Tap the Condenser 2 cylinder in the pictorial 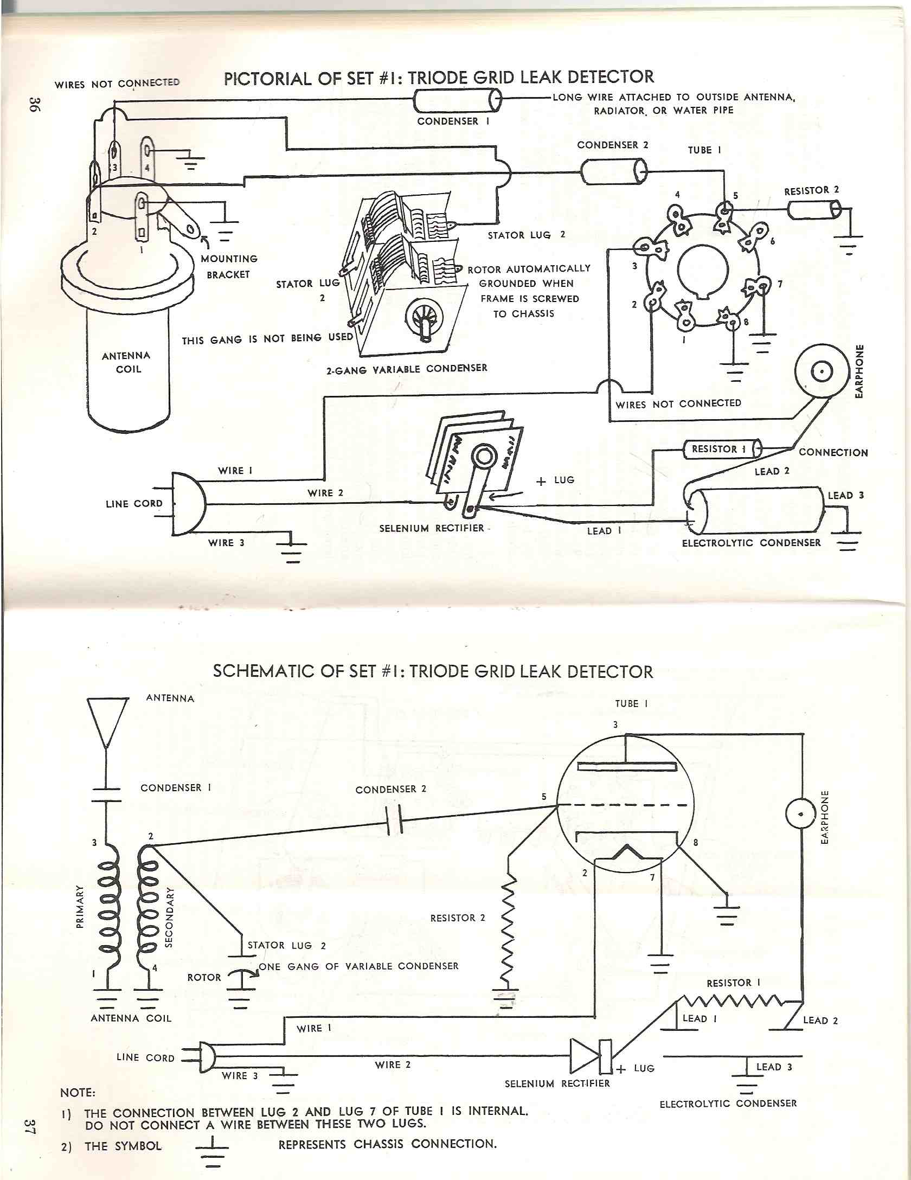[613, 172]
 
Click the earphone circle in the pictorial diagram [822, 372]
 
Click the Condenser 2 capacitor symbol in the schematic [393, 819]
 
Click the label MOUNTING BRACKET [228, 266]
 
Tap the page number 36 [34, 104]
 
